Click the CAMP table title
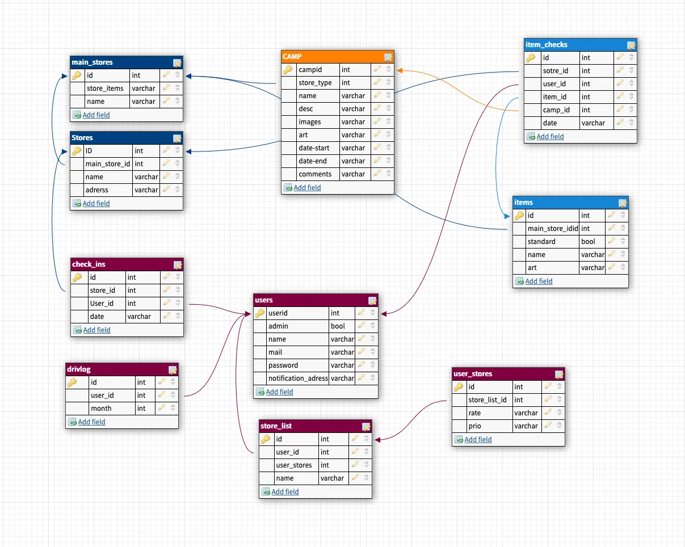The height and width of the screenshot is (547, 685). point(292,57)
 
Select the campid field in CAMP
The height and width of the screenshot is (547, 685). point(310,70)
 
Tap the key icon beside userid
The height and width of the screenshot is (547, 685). point(260,313)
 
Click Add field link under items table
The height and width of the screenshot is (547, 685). point(539,281)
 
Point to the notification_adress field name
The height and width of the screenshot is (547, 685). point(298,378)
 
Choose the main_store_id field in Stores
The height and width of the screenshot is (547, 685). point(108,164)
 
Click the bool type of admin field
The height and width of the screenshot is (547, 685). point(338,326)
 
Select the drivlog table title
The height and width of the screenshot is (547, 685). point(79,369)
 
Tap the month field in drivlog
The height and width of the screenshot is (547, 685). point(101,409)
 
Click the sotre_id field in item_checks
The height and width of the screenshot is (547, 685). point(556,71)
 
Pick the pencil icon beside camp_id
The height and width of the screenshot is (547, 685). point(620,110)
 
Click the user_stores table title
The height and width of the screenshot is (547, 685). point(473,374)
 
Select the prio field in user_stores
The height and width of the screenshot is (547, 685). point(474,426)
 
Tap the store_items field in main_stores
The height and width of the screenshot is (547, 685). point(105,89)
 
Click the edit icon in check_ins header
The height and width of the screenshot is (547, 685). point(178,264)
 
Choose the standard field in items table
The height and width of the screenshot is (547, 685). point(541,242)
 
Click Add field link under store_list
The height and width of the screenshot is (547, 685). point(285,492)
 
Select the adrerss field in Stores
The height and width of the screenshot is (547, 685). point(96,190)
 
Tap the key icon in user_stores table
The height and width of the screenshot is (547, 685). point(459,387)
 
